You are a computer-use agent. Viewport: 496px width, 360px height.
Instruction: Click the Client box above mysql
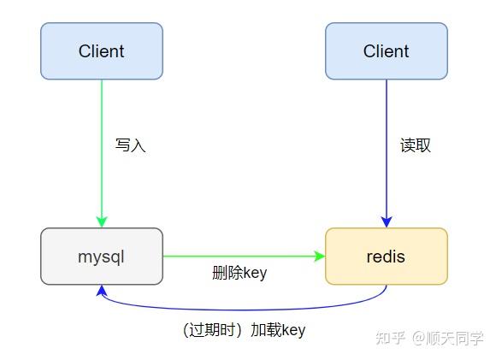coord(101,51)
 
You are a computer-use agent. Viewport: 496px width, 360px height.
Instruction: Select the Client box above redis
coord(386,51)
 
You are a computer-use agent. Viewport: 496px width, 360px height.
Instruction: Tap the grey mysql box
coord(101,256)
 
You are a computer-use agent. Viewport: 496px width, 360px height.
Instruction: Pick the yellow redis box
coord(386,256)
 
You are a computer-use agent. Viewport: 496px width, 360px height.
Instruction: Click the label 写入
coord(131,145)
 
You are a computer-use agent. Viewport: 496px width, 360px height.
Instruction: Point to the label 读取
coord(416,145)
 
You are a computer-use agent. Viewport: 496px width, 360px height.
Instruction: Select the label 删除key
coord(239,274)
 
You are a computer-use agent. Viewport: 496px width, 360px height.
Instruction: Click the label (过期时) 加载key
coord(244,330)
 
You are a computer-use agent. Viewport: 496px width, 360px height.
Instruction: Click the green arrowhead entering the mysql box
coord(102,221)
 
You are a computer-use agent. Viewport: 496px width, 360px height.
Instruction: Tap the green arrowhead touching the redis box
coord(320,256)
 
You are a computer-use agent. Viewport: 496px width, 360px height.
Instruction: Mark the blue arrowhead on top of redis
coord(387,221)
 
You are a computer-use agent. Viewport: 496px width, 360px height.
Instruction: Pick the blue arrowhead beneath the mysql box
coord(102,291)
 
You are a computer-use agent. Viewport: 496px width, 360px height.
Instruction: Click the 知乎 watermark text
coord(392,338)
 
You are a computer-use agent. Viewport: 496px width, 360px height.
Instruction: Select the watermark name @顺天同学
coord(448,338)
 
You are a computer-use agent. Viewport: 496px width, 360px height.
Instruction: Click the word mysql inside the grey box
coord(101,256)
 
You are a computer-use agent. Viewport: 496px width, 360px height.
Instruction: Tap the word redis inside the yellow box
coord(386,256)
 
